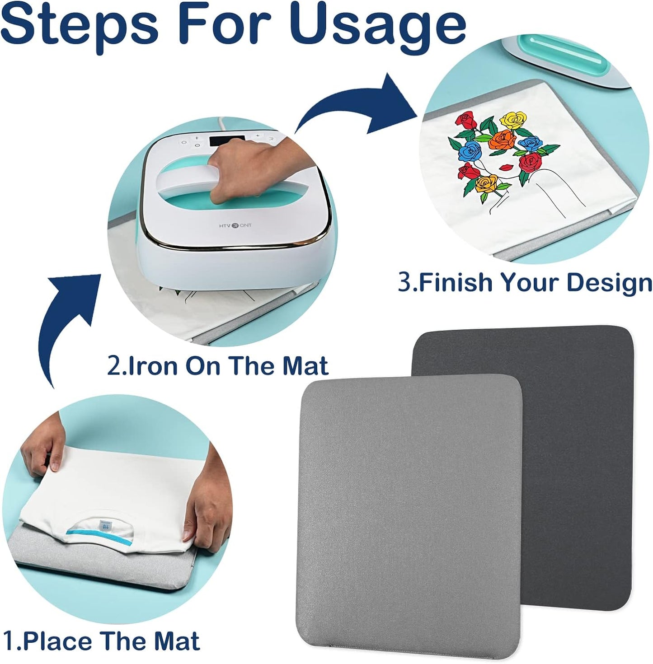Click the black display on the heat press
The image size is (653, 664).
pyautogui.click(x=227, y=141)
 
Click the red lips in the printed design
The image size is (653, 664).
pyautogui.click(x=506, y=167)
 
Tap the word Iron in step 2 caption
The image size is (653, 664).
pyautogui.click(x=153, y=365)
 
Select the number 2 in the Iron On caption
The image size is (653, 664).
pyautogui.click(x=113, y=366)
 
